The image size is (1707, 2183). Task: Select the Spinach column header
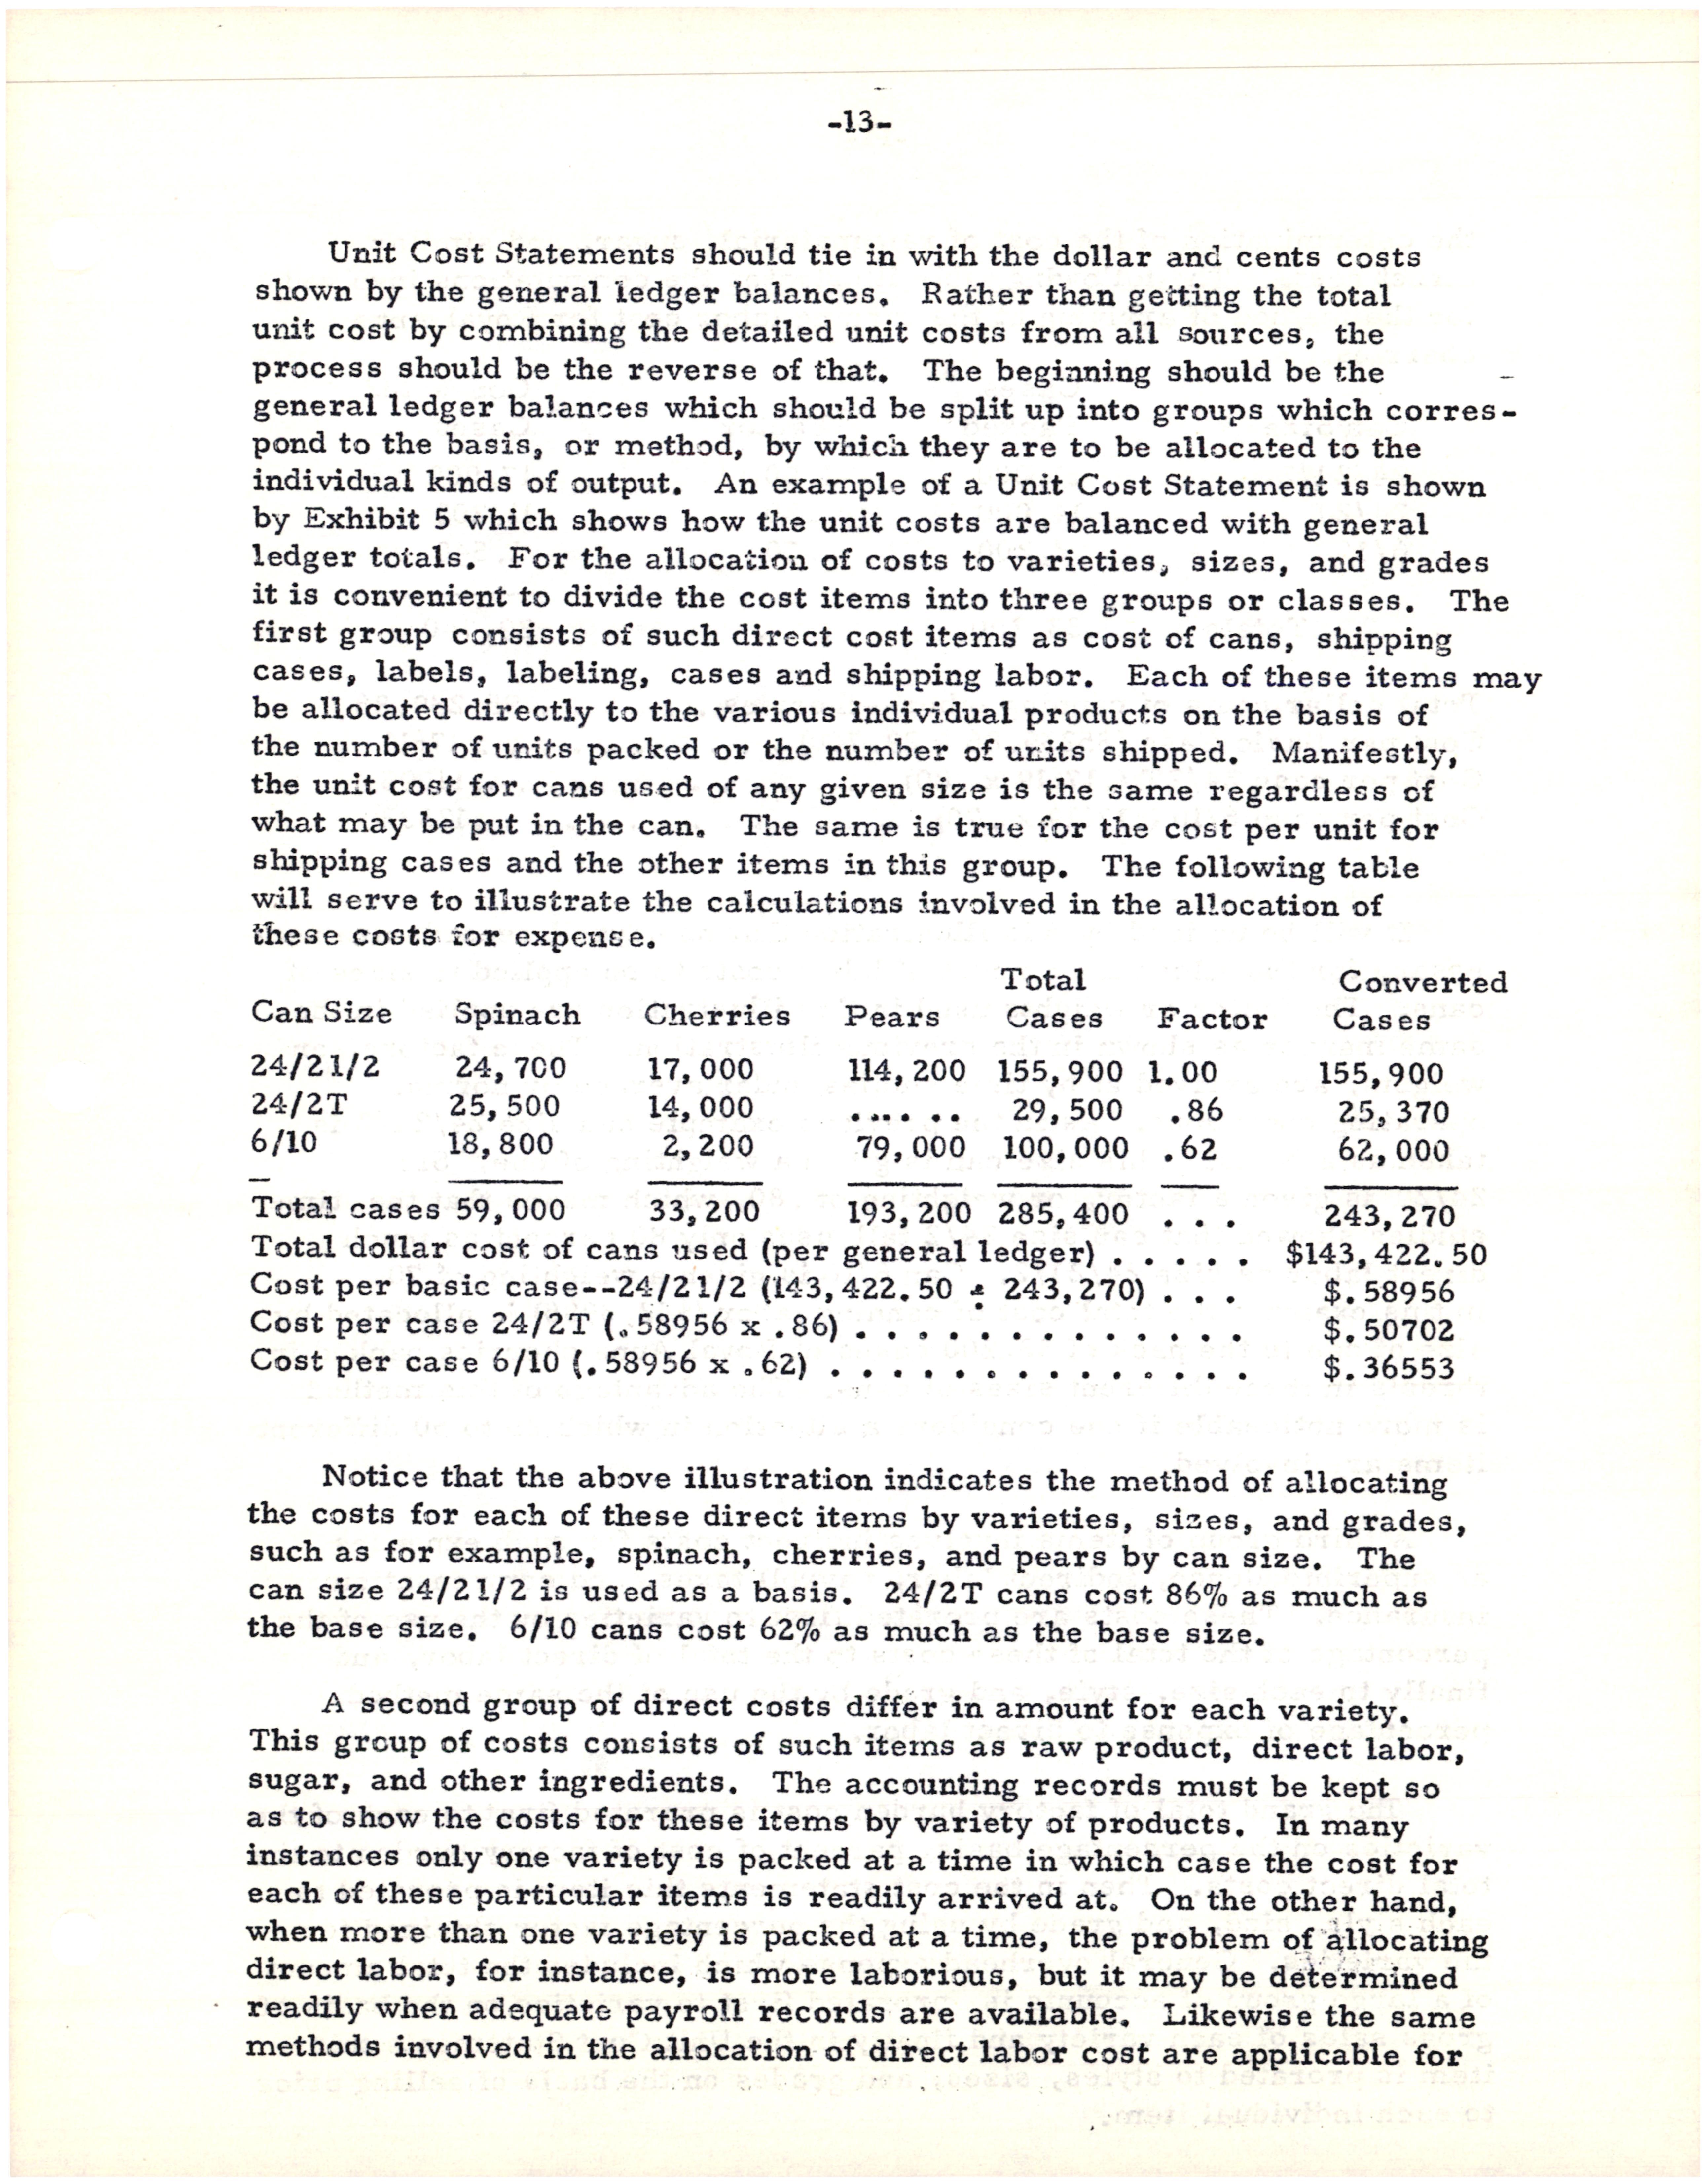click(517, 1016)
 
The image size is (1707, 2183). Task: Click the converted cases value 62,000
click(1393, 1151)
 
